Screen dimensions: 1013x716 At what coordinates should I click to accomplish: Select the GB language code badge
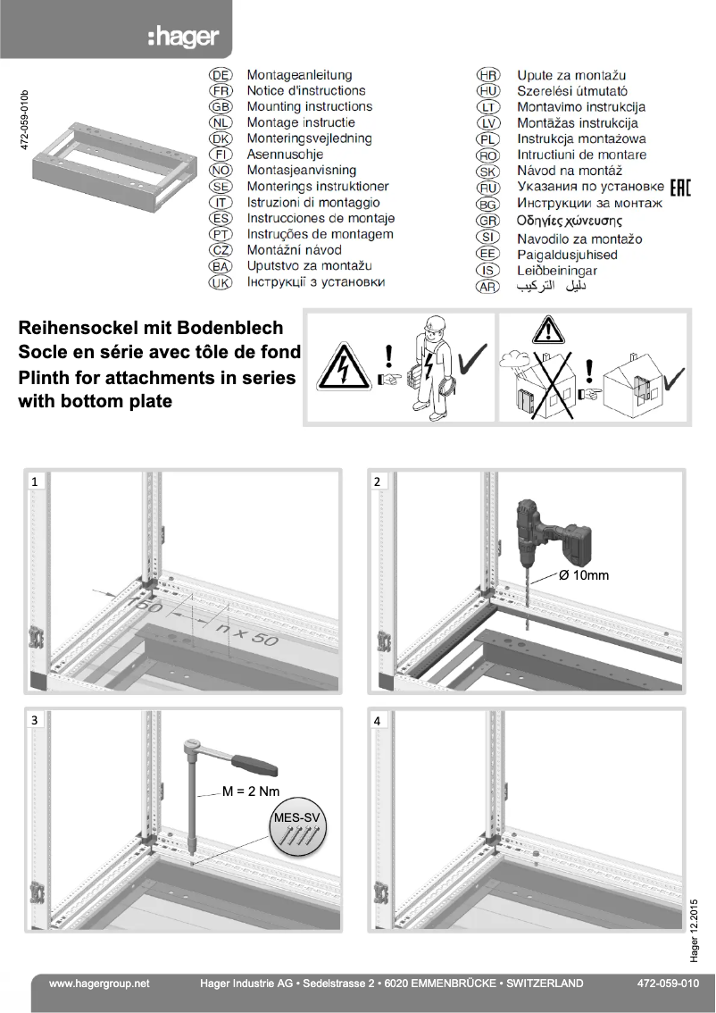(x=220, y=107)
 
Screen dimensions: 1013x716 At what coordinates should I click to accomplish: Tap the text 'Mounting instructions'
(x=309, y=107)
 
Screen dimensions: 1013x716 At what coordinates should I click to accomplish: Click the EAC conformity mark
(x=680, y=187)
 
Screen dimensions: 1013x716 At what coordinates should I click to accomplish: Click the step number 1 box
(x=35, y=481)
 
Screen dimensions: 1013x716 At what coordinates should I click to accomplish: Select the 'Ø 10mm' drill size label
(x=583, y=575)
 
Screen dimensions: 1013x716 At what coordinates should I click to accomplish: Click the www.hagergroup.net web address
(x=99, y=984)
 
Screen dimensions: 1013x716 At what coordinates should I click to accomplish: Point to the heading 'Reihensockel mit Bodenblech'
(x=151, y=329)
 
